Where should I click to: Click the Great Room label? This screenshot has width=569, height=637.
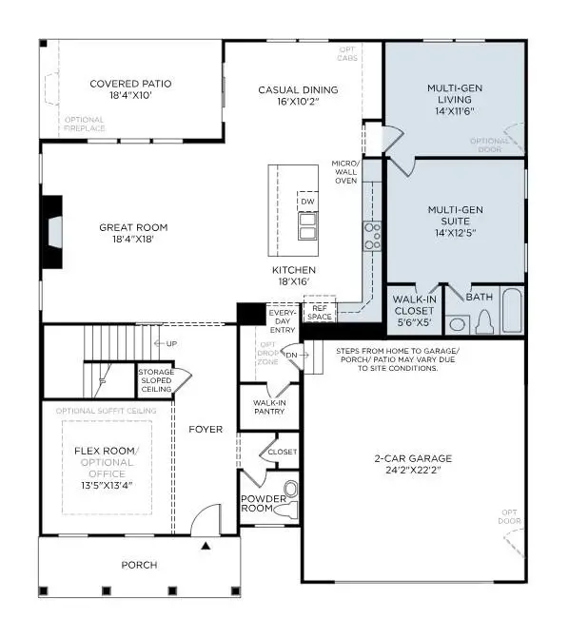[133, 227]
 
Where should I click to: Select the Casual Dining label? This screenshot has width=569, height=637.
[298, 90]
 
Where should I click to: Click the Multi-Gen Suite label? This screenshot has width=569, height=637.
[453, 213]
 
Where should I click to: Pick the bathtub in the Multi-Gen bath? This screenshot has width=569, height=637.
[512, 311]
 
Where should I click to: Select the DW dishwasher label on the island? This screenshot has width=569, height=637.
[307, 203]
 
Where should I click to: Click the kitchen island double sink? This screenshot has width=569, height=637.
[307, 226]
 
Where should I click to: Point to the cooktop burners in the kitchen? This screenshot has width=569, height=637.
[372, 235]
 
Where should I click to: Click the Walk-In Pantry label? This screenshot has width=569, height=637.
[270, 407]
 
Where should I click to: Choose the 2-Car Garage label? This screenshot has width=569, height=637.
[413, 463]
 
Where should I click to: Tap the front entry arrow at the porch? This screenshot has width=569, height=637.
[205, 546]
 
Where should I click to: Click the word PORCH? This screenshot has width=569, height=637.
[139, 565]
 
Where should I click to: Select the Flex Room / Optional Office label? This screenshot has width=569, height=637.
[108, 460]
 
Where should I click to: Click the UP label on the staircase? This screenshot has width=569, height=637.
[171, 343]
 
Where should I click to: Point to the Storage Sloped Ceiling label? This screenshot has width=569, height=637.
[155, 380]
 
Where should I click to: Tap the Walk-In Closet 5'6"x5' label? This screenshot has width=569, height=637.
[415, 309]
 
